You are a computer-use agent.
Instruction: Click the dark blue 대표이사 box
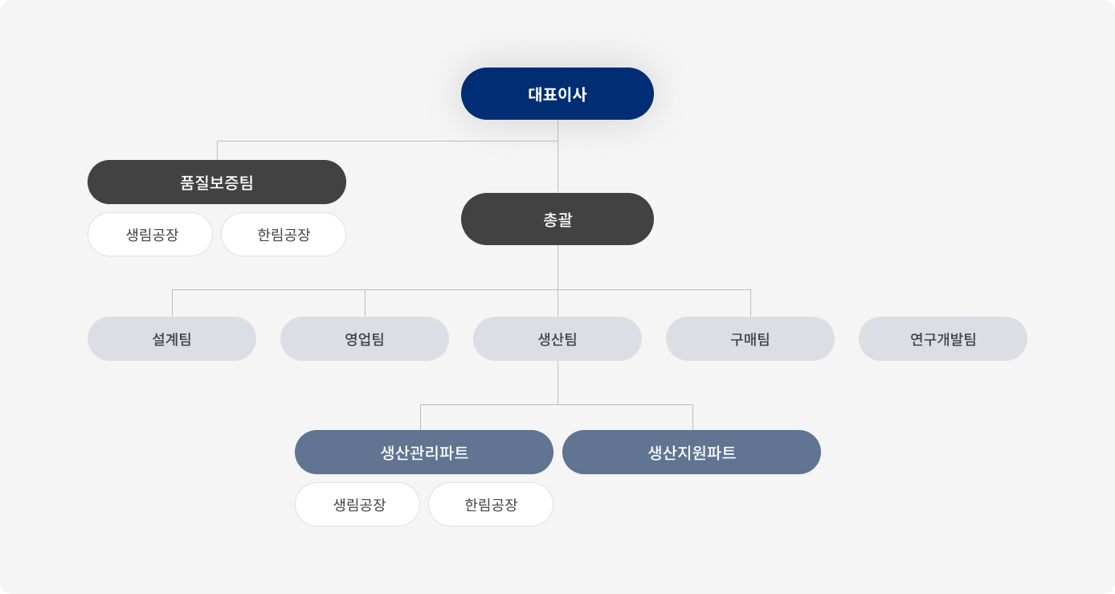click(557, 94)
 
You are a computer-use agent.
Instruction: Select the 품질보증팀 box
click(217, 182)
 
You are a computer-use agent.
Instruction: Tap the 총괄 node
click(557, 219)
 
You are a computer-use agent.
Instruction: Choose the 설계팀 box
click(172, 339)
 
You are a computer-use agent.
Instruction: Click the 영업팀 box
click(365, 339)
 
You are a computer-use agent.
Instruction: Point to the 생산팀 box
click(557, 339)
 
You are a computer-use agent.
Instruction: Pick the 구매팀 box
click(750, 339)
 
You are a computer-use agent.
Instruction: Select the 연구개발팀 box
click(943, 339)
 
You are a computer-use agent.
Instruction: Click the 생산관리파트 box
click(424, 453)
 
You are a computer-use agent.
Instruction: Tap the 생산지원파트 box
click(692, 453)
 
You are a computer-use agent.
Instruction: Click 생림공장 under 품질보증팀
click(150, 235)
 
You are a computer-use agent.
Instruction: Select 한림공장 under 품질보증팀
click(284, 235)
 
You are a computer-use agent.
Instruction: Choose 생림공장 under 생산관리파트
click(357, 505)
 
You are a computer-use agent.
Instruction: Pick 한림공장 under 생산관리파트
click(491, 505)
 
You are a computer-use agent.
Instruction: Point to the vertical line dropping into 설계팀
click(172, 303)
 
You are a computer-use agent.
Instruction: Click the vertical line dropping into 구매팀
click(750, 303)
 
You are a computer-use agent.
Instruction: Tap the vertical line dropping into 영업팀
click(365, 303)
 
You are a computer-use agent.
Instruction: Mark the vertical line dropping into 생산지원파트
click(692, 417)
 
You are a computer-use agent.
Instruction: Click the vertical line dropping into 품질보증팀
click(217, 150)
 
